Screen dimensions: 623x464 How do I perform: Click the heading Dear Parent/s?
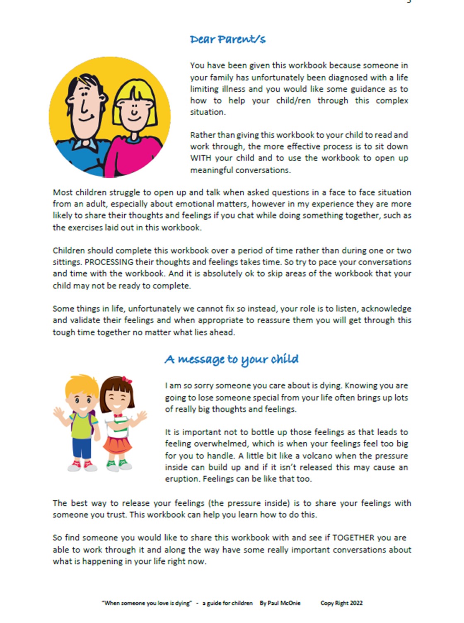pos(227,39)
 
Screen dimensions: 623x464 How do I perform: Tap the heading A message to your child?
pos(231,359)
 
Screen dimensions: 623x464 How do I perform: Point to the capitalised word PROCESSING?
pos(109,262)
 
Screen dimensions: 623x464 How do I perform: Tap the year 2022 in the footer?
pos(356,603)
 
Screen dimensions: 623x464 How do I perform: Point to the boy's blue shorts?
pos(82,448)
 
